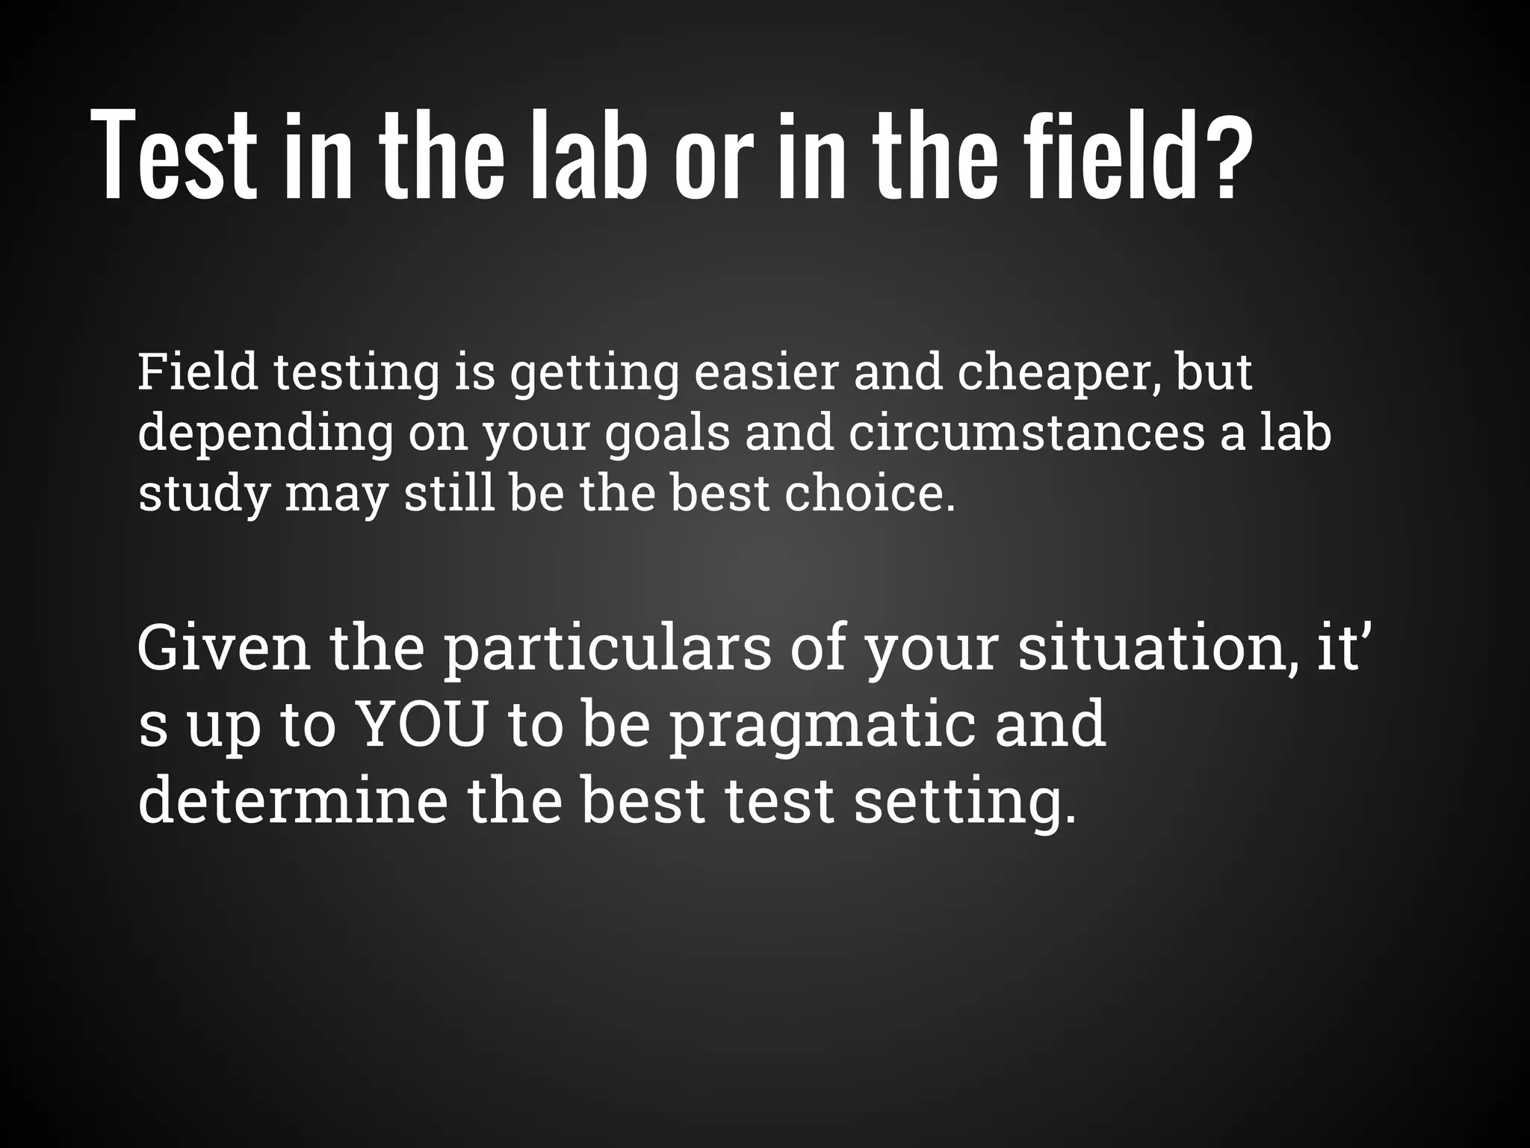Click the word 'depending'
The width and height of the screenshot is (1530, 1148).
[265, 434]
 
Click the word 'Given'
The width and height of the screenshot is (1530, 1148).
[223, 648]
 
